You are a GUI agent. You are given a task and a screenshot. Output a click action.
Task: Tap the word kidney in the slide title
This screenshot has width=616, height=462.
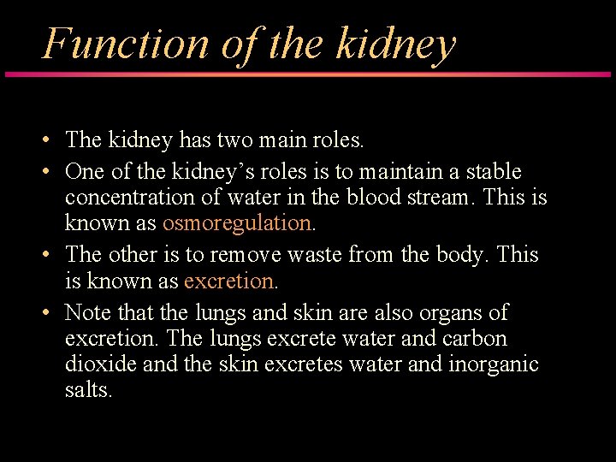click(395, 44)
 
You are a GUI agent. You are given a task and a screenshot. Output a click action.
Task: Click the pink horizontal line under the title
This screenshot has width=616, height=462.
click(308, 74)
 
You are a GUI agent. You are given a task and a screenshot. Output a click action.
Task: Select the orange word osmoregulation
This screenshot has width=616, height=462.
click(237, 223)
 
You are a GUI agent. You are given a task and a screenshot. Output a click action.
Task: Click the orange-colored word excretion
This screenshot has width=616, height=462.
click(228, 280)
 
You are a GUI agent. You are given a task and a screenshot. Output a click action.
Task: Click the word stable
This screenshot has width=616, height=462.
click(493, 172)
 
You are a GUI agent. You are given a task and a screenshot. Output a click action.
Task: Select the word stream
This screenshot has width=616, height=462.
click(438, 198)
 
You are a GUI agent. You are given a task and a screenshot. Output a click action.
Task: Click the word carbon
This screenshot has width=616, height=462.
click(476, 338)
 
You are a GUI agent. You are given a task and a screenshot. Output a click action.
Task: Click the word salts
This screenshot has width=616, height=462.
click(88, 389)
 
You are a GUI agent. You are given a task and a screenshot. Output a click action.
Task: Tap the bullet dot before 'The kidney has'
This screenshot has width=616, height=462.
click(49, 139)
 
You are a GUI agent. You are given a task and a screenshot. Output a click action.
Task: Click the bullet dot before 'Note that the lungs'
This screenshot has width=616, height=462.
click(49, 312)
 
